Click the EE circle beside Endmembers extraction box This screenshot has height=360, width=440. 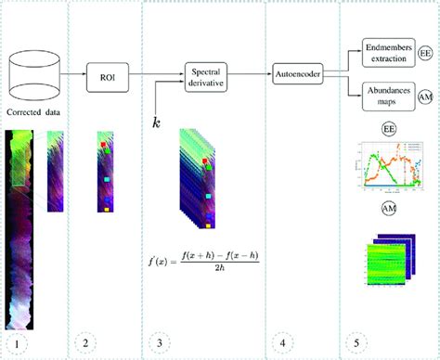(427, 55)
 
